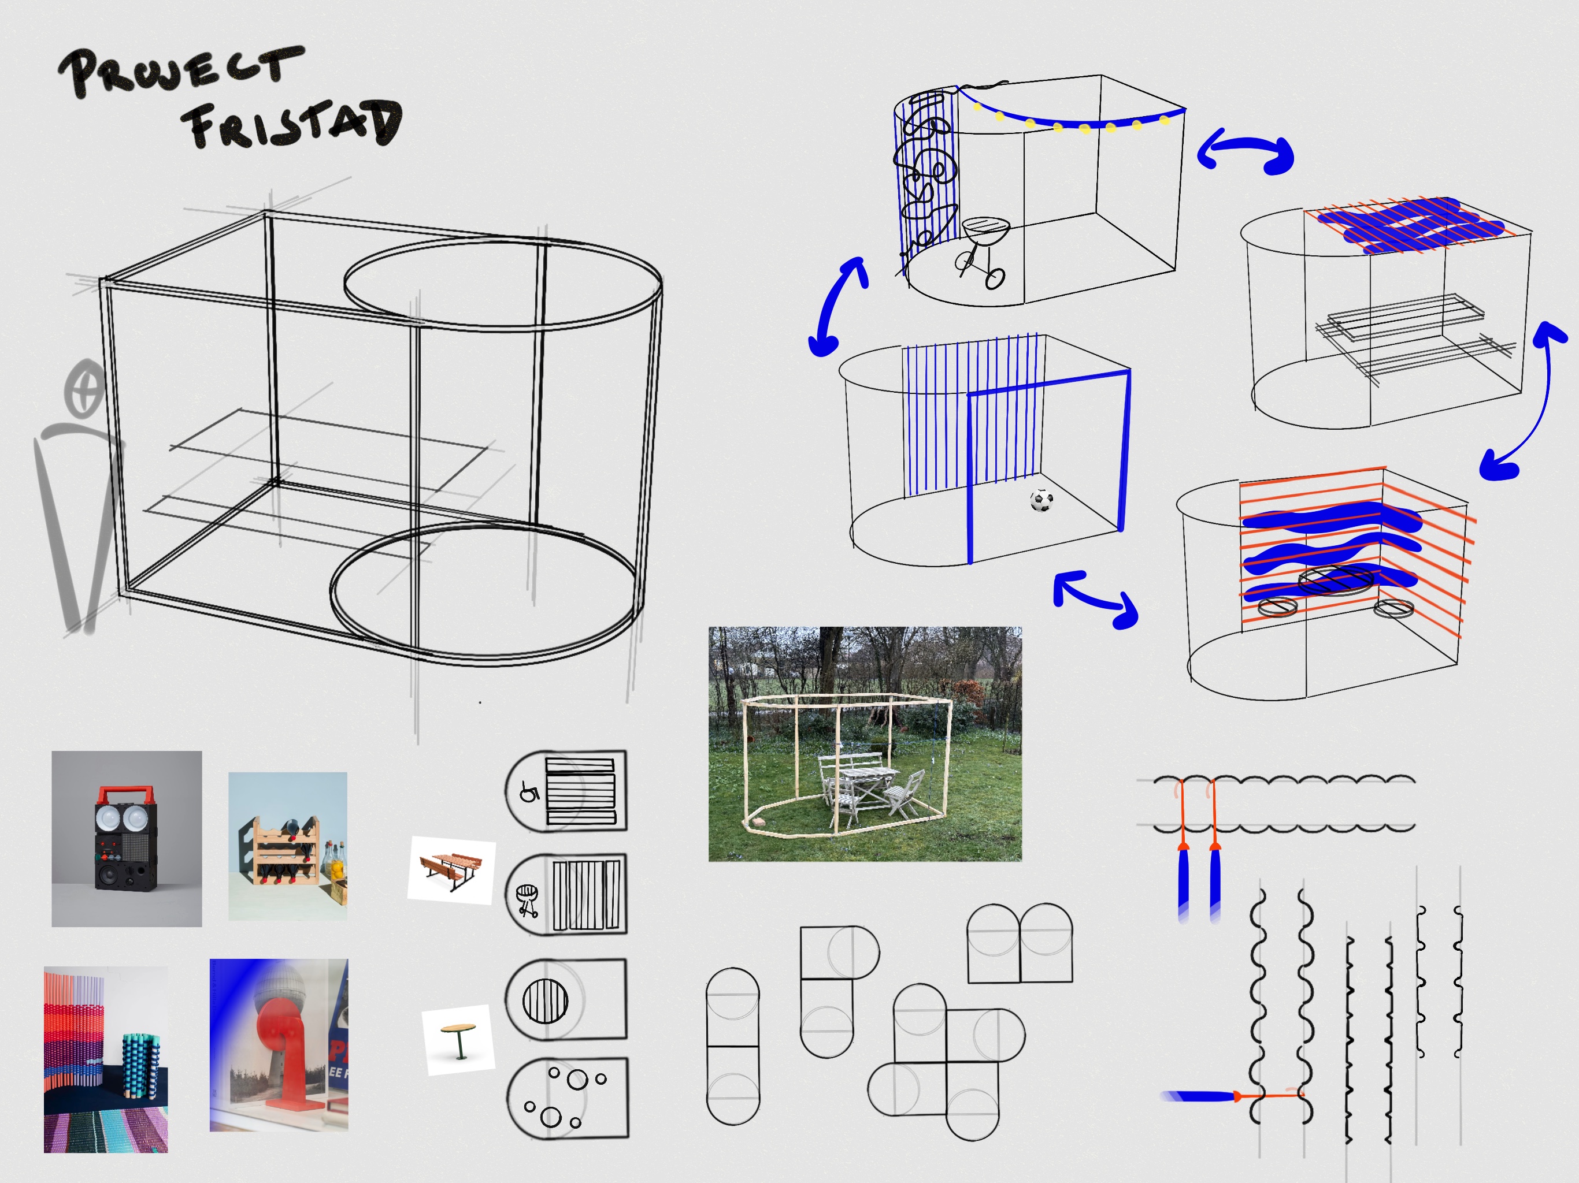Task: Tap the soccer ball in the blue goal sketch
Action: (x=1041, y=500)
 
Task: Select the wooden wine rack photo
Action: (x=288, y=846)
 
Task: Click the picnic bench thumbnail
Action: (x=451, y=870)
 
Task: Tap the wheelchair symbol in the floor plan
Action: (x=529, y=791)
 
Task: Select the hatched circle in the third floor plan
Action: (x=546, y=1000)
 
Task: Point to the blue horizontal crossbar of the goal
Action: (x=1048, y=383)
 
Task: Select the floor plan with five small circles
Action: (x=568, y=1098)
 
